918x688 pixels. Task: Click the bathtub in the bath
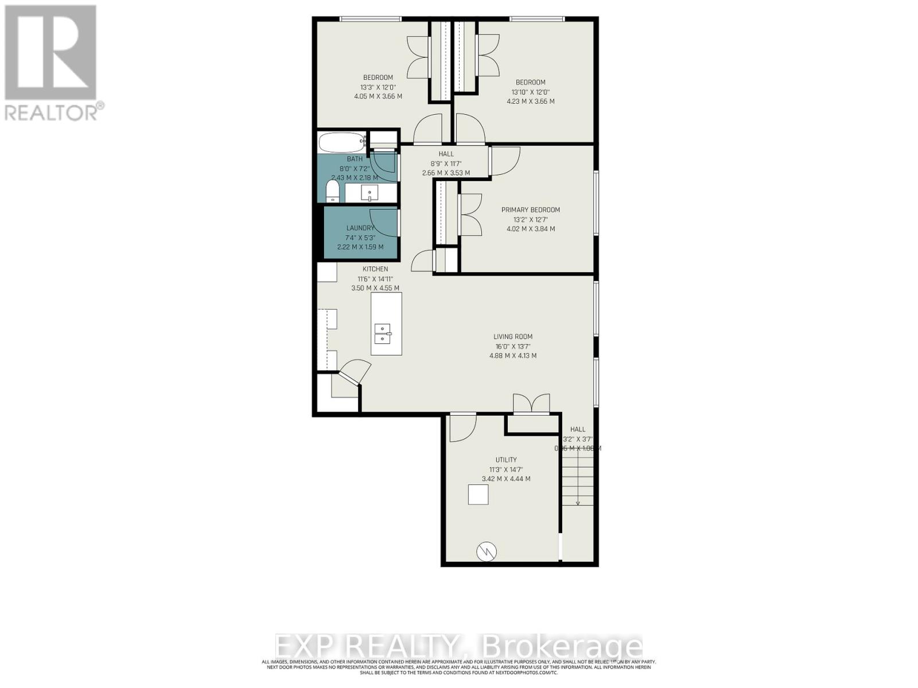[x=342, y=140]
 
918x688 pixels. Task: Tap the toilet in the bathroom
[x=332, y=191]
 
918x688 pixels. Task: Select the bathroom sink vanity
[x=371, y=193]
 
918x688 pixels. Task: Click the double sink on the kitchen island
[x=382, y=333]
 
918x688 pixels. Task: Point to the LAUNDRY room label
[x=360, y=228]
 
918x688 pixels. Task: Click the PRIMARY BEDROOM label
[x=530, y=210]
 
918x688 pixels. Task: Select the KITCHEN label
[x=375, y=269]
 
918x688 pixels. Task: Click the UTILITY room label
[x=506, y=460]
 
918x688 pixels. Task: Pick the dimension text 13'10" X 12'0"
[x=530, y=92]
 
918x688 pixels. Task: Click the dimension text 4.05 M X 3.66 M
[x=378, y=96]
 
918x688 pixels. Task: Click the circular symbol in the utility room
[x=486, y=552]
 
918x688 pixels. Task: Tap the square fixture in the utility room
[x=478, y=494]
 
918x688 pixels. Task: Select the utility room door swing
[x=462, y=428]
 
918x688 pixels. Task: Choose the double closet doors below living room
[x=531, y=404]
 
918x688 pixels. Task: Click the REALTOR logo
[x=51, y=62]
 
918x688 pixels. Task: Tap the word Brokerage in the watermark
[x=563, y=647]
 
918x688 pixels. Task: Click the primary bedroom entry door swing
[x=504, y=161]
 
